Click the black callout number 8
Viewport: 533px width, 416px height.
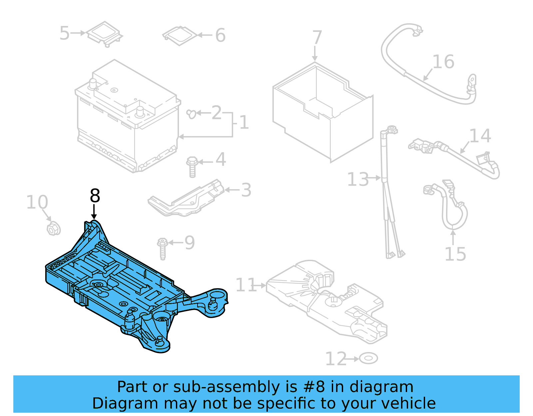tap(95, 196)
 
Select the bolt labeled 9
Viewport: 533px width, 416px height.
tap(163, 248)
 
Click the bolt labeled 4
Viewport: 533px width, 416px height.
tap(192, 167)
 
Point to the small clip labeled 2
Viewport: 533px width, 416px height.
tap(192, 114)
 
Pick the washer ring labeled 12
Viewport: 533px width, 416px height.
tap(368, 359)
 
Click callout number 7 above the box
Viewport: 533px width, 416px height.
tap(317, 38)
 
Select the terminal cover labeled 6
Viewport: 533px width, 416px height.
tap(180, 35)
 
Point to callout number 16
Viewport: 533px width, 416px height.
tap(443, 62)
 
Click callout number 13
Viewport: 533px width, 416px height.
tap(358, 180)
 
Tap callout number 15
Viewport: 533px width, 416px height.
tap(455, 254)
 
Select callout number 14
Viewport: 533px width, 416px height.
tap(480, 136)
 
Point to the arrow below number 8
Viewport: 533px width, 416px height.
tap(94, 212)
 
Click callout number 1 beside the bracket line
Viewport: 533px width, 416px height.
tap(244, 122)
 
